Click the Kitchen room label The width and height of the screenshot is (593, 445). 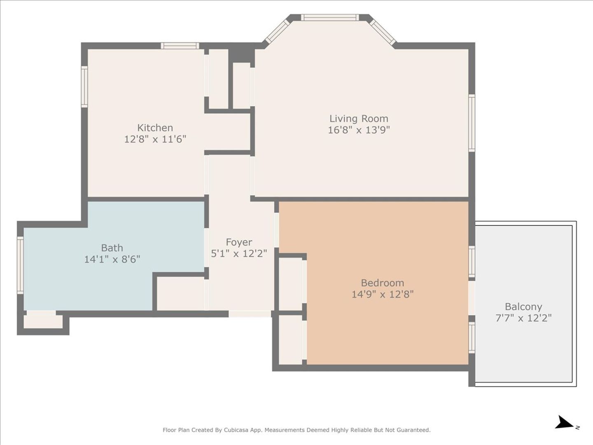(155, 128)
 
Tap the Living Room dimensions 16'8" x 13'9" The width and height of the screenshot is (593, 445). (359, 130)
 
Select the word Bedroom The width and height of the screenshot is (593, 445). (383, 283)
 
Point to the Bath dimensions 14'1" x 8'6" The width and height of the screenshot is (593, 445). (112, 260)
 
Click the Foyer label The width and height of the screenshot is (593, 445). (239, 242)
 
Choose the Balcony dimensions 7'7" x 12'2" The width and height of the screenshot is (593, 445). (523, 318)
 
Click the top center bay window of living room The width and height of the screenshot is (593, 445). (330, 18)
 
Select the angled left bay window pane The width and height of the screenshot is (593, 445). (278, 32)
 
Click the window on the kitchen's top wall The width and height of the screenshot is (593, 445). (180, 46)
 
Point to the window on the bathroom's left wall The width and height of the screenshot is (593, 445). (20, 265)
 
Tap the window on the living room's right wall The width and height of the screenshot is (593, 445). (472, 123)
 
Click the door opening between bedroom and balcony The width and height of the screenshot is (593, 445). (472, 298)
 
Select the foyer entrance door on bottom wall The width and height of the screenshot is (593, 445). (250, 314)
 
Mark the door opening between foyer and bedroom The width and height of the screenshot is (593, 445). (276, 230)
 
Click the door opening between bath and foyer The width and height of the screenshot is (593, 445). (206, 248)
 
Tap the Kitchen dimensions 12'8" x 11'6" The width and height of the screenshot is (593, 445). (155, 139)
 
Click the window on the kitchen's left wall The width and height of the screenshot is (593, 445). (84, 87)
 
